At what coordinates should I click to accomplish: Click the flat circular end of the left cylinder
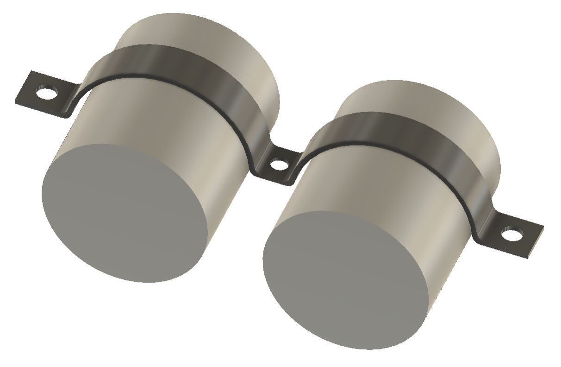125,213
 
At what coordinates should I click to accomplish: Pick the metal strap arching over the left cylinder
185,65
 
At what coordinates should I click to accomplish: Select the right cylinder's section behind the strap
417,97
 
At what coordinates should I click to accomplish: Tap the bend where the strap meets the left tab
74,100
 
